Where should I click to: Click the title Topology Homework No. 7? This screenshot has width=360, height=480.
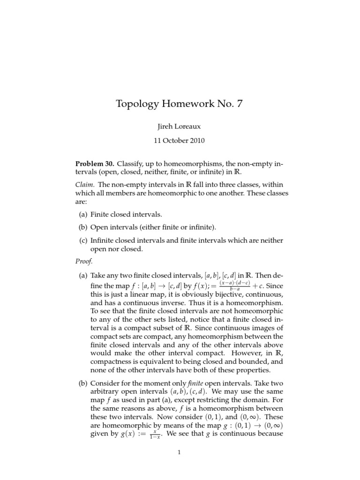coord(180,104)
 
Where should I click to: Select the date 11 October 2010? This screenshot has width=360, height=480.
coord(180,140)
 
